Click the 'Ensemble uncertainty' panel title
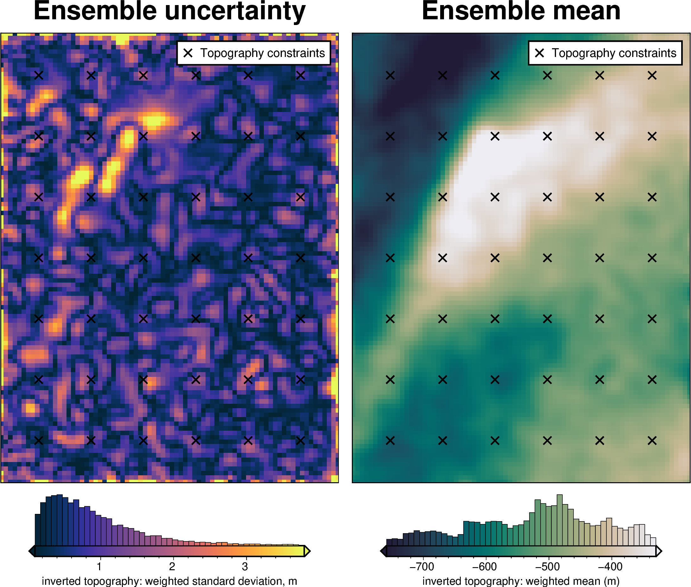(169, 11)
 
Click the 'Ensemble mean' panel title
(521, 11)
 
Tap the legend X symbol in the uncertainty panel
(188, 53)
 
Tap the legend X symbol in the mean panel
(540, 53)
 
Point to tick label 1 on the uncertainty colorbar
(99, 566)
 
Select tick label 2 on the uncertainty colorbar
(172, 566)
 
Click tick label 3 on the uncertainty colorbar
(245, 566)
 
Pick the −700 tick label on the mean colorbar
(422, 566)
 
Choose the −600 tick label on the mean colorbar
(485, 566)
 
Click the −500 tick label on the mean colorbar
(548, 566)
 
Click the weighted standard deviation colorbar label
(169, 581)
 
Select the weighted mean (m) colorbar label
(521, 581)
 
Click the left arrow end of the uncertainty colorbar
(32, 551)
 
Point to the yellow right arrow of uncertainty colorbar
(307, 551)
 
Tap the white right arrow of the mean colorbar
(658, 551)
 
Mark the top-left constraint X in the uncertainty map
(39, 76)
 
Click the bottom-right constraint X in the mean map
(652, 440)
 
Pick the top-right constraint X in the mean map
(652, 76)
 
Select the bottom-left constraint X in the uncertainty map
(39, 440)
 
